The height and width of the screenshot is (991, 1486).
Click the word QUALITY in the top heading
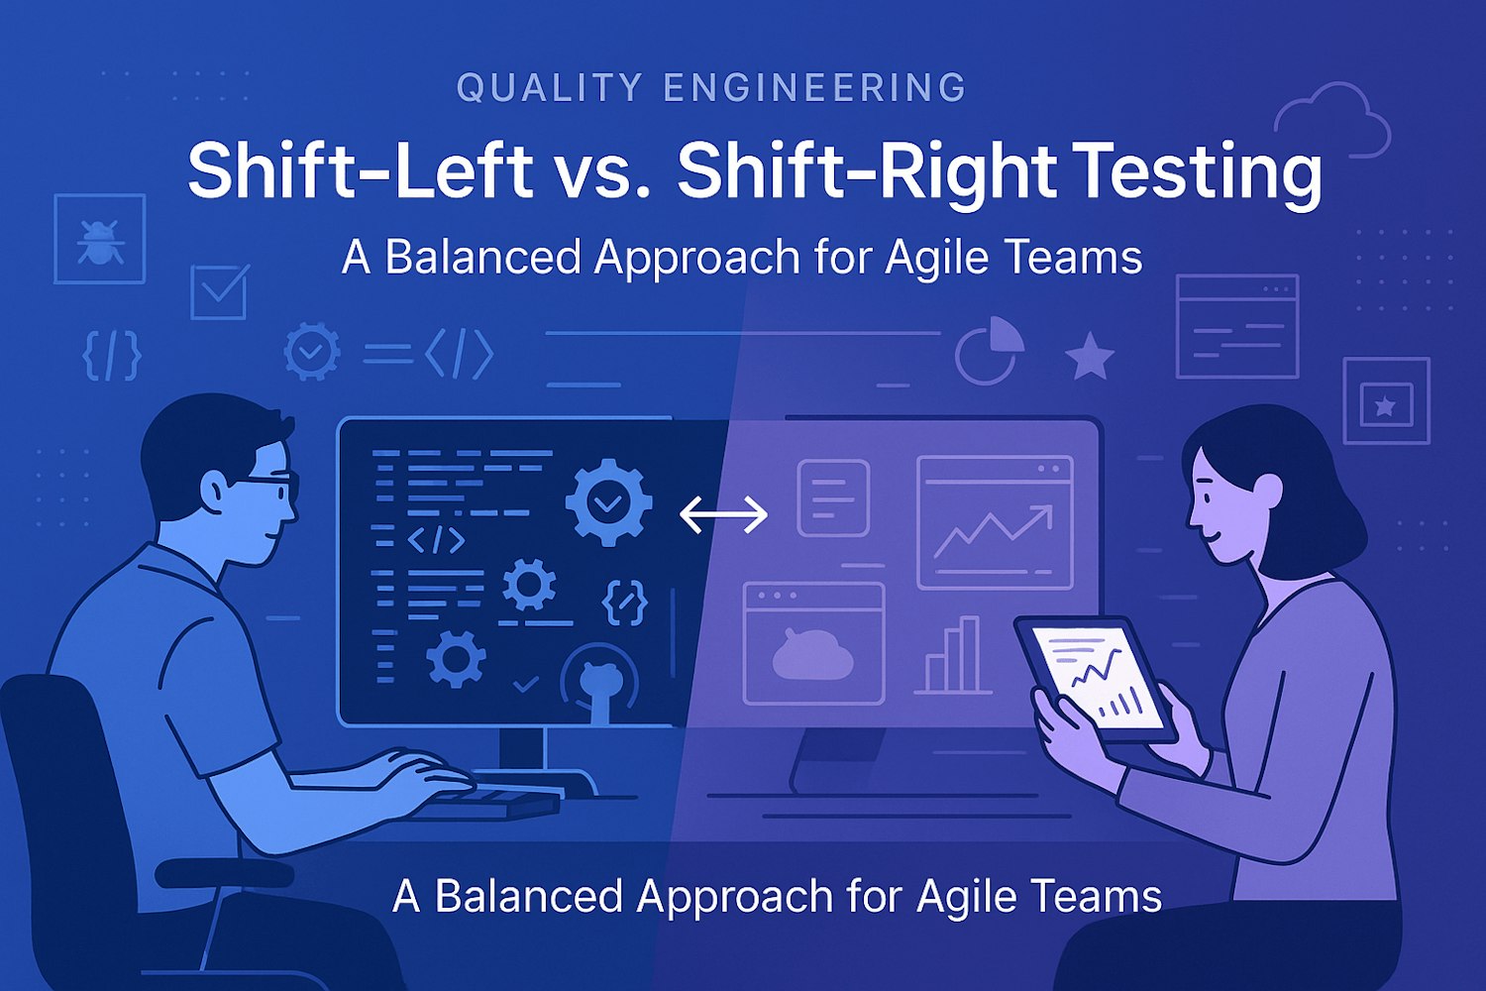point(550,87)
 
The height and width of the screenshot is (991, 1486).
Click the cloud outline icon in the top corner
point(1332,120)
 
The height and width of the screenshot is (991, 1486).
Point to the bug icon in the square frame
point(99,239)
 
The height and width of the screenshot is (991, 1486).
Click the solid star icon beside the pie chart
point(1090,357)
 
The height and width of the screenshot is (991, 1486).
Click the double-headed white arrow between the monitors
point(724,514)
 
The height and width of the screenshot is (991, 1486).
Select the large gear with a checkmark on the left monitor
point(608,502)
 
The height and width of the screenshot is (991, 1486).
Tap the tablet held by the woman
point(1096,681)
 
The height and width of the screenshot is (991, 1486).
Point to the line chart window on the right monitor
point(995,522)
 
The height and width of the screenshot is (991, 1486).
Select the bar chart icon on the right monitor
point(954,655)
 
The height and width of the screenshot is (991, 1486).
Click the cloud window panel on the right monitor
point(814,643)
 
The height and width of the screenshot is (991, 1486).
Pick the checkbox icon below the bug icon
point(220,292)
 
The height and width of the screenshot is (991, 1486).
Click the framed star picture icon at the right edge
point(1387,401)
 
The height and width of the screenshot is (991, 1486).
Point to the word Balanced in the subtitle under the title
point(484,258)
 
